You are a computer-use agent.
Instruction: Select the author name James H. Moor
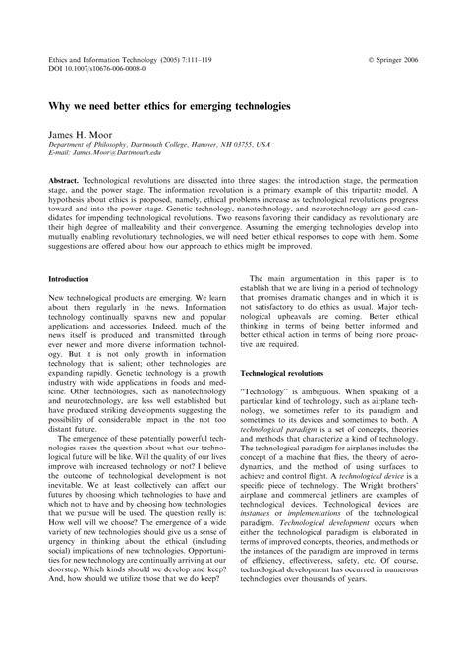[81, 130]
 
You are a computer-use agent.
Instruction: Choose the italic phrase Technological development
[317, 556]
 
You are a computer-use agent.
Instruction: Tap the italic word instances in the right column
[258, 545]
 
